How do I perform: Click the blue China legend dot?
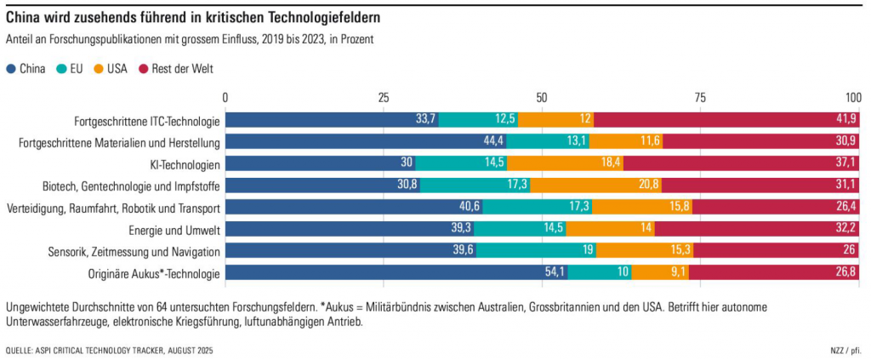click(10, 69)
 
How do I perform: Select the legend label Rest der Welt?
click(182, 69)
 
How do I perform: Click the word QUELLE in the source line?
click(23, 350)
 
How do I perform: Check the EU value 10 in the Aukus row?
click(623, 273)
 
